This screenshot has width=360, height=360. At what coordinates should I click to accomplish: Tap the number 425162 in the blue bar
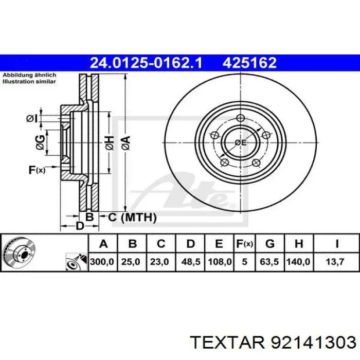click(x=249, y=63)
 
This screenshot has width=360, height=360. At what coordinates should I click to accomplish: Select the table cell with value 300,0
click(x=102, y=262)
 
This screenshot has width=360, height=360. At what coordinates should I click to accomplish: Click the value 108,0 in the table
click(x=219, y=262)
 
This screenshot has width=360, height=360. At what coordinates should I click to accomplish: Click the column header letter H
click(x=298, y=244)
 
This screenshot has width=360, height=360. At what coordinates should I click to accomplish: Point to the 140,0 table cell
click(x=298, y=262)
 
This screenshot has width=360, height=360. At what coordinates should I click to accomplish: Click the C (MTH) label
click(x=132, y=218)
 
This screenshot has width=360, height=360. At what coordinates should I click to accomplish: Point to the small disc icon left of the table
click(x=18, y=253)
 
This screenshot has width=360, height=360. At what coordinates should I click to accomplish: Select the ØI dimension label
click(x=32, y=119)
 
